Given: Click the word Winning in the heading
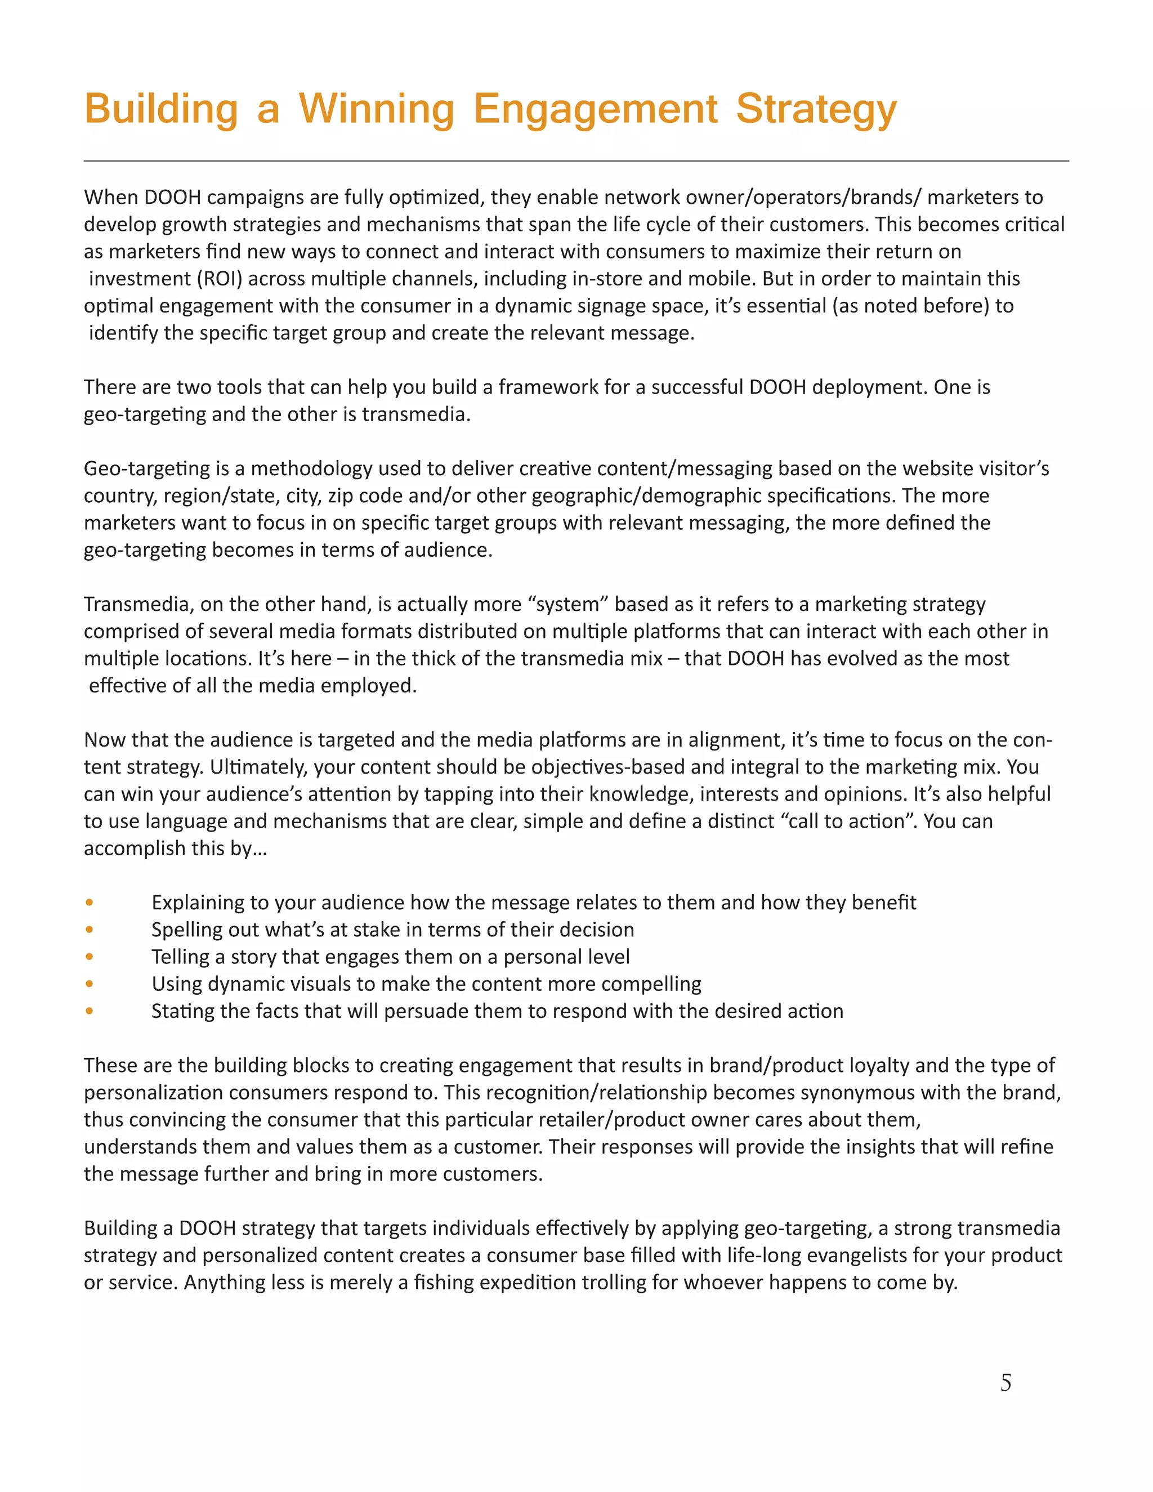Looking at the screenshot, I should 377,109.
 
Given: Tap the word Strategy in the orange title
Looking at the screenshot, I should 816,109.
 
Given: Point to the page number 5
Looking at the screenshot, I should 1005,1383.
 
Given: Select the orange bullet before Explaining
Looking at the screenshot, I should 90,903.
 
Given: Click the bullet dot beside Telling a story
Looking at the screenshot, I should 90,957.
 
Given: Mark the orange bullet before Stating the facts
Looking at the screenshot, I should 90,1011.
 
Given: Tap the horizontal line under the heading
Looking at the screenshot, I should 576,161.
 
